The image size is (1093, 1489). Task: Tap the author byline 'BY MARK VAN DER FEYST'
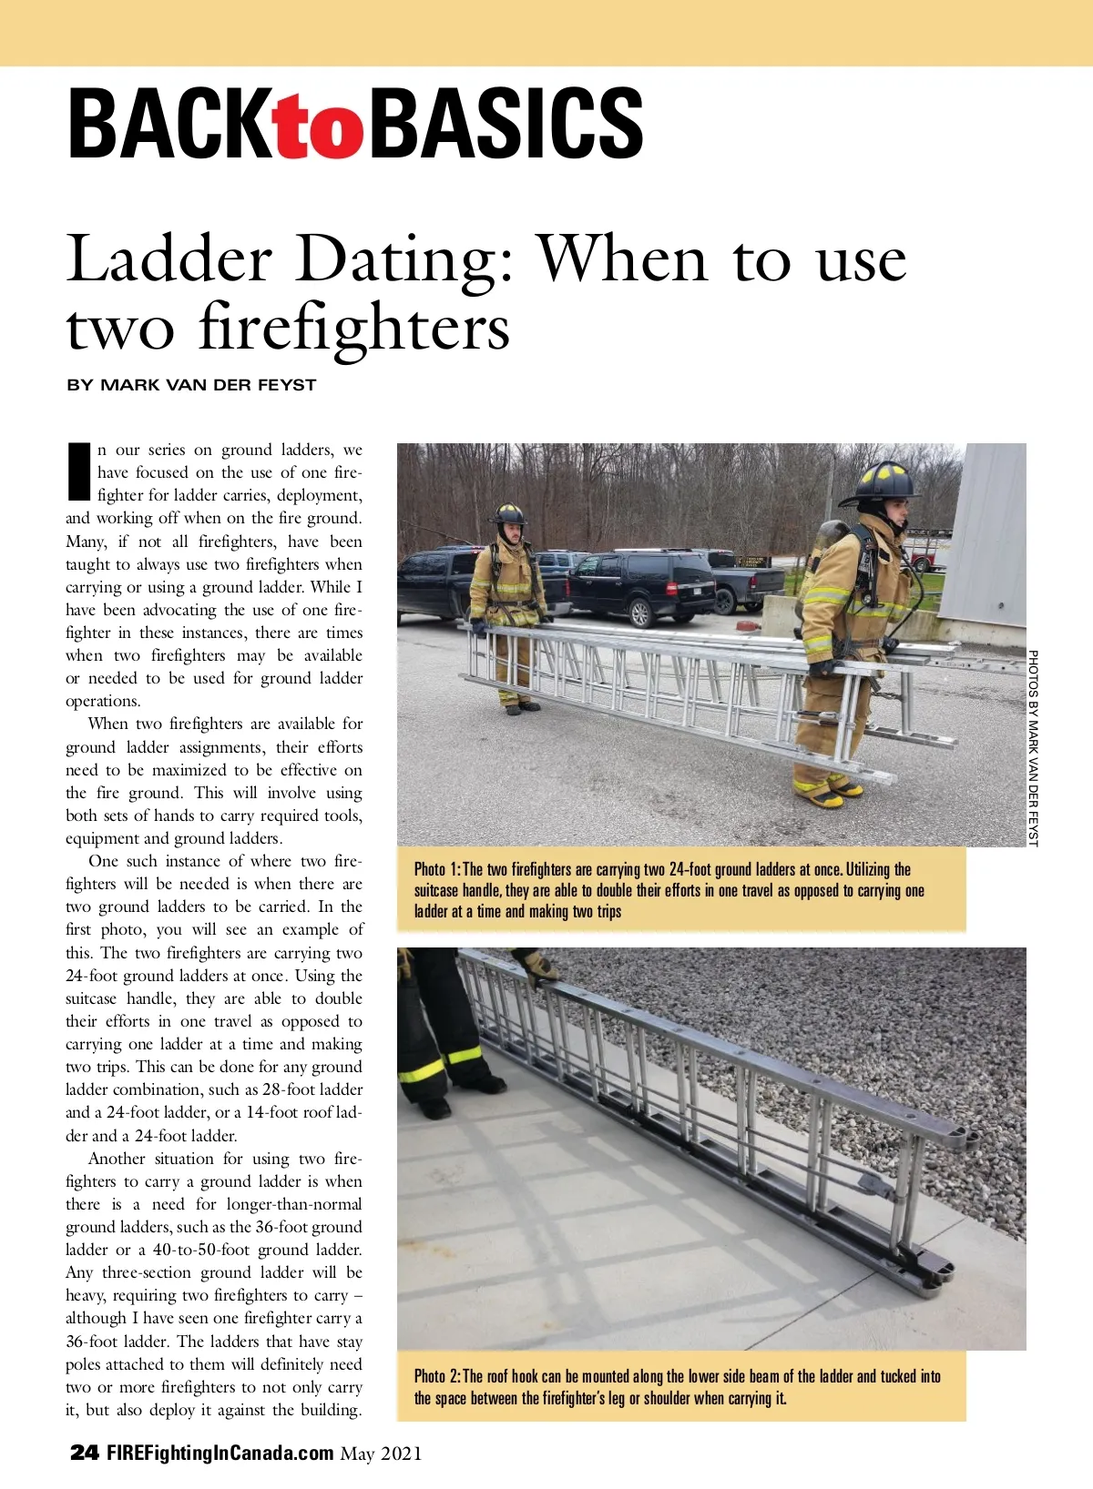point(191,385)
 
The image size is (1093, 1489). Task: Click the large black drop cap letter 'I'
point(79,471)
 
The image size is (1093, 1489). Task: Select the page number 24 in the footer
point(84,1453)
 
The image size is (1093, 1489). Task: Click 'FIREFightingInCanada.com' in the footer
point(220,1453)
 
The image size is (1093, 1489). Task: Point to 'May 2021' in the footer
point(381,1454)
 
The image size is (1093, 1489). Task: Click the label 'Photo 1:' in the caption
point(436,870)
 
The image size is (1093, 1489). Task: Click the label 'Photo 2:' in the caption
point(436,1377)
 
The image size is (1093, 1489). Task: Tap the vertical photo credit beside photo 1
point(1033,746)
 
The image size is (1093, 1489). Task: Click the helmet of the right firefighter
point(881,482)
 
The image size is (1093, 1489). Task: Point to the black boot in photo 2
point(482,1083)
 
